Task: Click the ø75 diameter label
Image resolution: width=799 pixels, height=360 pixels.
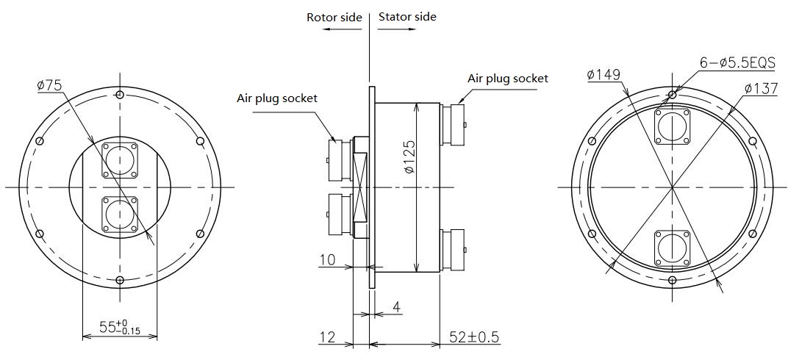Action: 49,85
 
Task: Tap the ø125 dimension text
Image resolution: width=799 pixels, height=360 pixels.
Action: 409,156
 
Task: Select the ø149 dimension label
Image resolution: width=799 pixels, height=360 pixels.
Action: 603,75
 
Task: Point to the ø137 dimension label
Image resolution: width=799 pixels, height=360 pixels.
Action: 761,89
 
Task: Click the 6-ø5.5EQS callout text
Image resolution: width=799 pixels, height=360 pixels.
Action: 737,62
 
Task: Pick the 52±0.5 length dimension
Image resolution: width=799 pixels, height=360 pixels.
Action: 474,336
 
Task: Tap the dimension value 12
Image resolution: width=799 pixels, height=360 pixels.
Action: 328,336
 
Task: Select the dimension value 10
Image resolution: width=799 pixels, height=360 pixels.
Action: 328,259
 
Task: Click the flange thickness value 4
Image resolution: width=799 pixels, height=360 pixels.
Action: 396,307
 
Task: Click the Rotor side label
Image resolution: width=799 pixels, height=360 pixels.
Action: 334,18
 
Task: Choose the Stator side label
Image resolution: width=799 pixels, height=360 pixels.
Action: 407,17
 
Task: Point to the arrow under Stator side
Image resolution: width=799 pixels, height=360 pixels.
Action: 396,29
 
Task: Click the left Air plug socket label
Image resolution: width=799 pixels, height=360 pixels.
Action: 276,98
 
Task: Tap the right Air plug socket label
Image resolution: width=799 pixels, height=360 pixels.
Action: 507,79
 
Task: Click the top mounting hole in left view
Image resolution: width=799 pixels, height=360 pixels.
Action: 120,95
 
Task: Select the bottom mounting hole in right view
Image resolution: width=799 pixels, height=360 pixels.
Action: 672,279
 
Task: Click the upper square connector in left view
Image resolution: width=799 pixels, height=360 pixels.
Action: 120,160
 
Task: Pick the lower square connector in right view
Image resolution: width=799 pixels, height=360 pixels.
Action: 672,248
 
